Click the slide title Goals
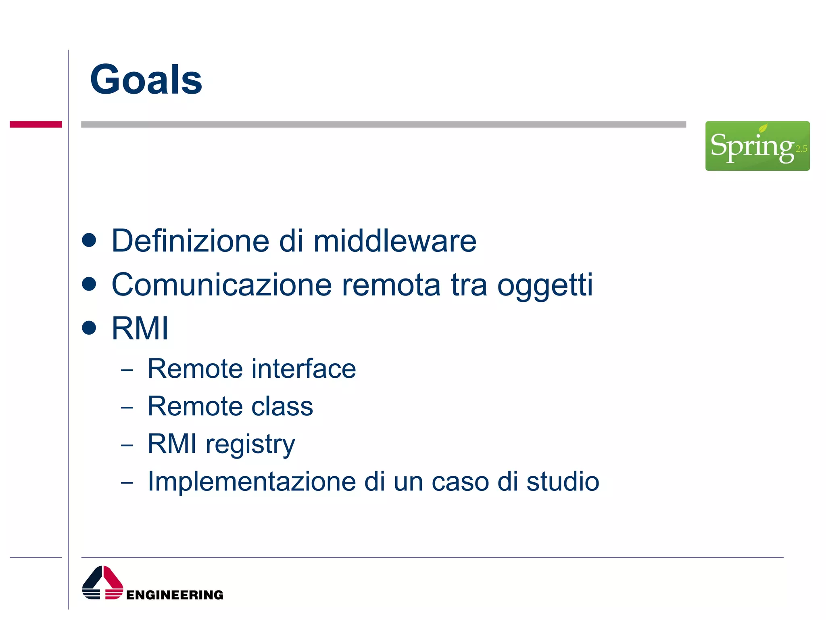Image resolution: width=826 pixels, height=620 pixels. click(146, 80)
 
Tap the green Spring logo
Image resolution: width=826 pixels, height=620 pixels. click(757, 146)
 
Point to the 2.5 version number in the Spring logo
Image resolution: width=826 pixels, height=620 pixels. click(801, 149)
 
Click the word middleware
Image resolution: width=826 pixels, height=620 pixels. click(394, 241)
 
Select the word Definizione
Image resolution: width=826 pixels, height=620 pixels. click(190, 241)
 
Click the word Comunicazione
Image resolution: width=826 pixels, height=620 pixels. click(221, 285)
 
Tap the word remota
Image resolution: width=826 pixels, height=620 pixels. click(391, 285)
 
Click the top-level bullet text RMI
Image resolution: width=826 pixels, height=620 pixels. click(140, 329)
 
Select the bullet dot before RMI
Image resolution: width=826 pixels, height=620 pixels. click(89, 328)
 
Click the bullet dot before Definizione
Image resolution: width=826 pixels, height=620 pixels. click(89, 240)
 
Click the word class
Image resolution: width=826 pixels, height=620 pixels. click(282, 406)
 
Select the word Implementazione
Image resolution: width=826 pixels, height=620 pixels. click(252, 482)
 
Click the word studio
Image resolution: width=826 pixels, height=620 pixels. click(563, 482)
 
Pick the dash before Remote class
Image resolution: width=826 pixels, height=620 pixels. click(127, 407)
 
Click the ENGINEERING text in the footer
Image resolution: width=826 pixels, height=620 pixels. click(174, 595)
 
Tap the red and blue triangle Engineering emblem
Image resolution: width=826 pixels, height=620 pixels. click(102, 583)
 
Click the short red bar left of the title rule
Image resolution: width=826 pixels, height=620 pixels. click(35, 124)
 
